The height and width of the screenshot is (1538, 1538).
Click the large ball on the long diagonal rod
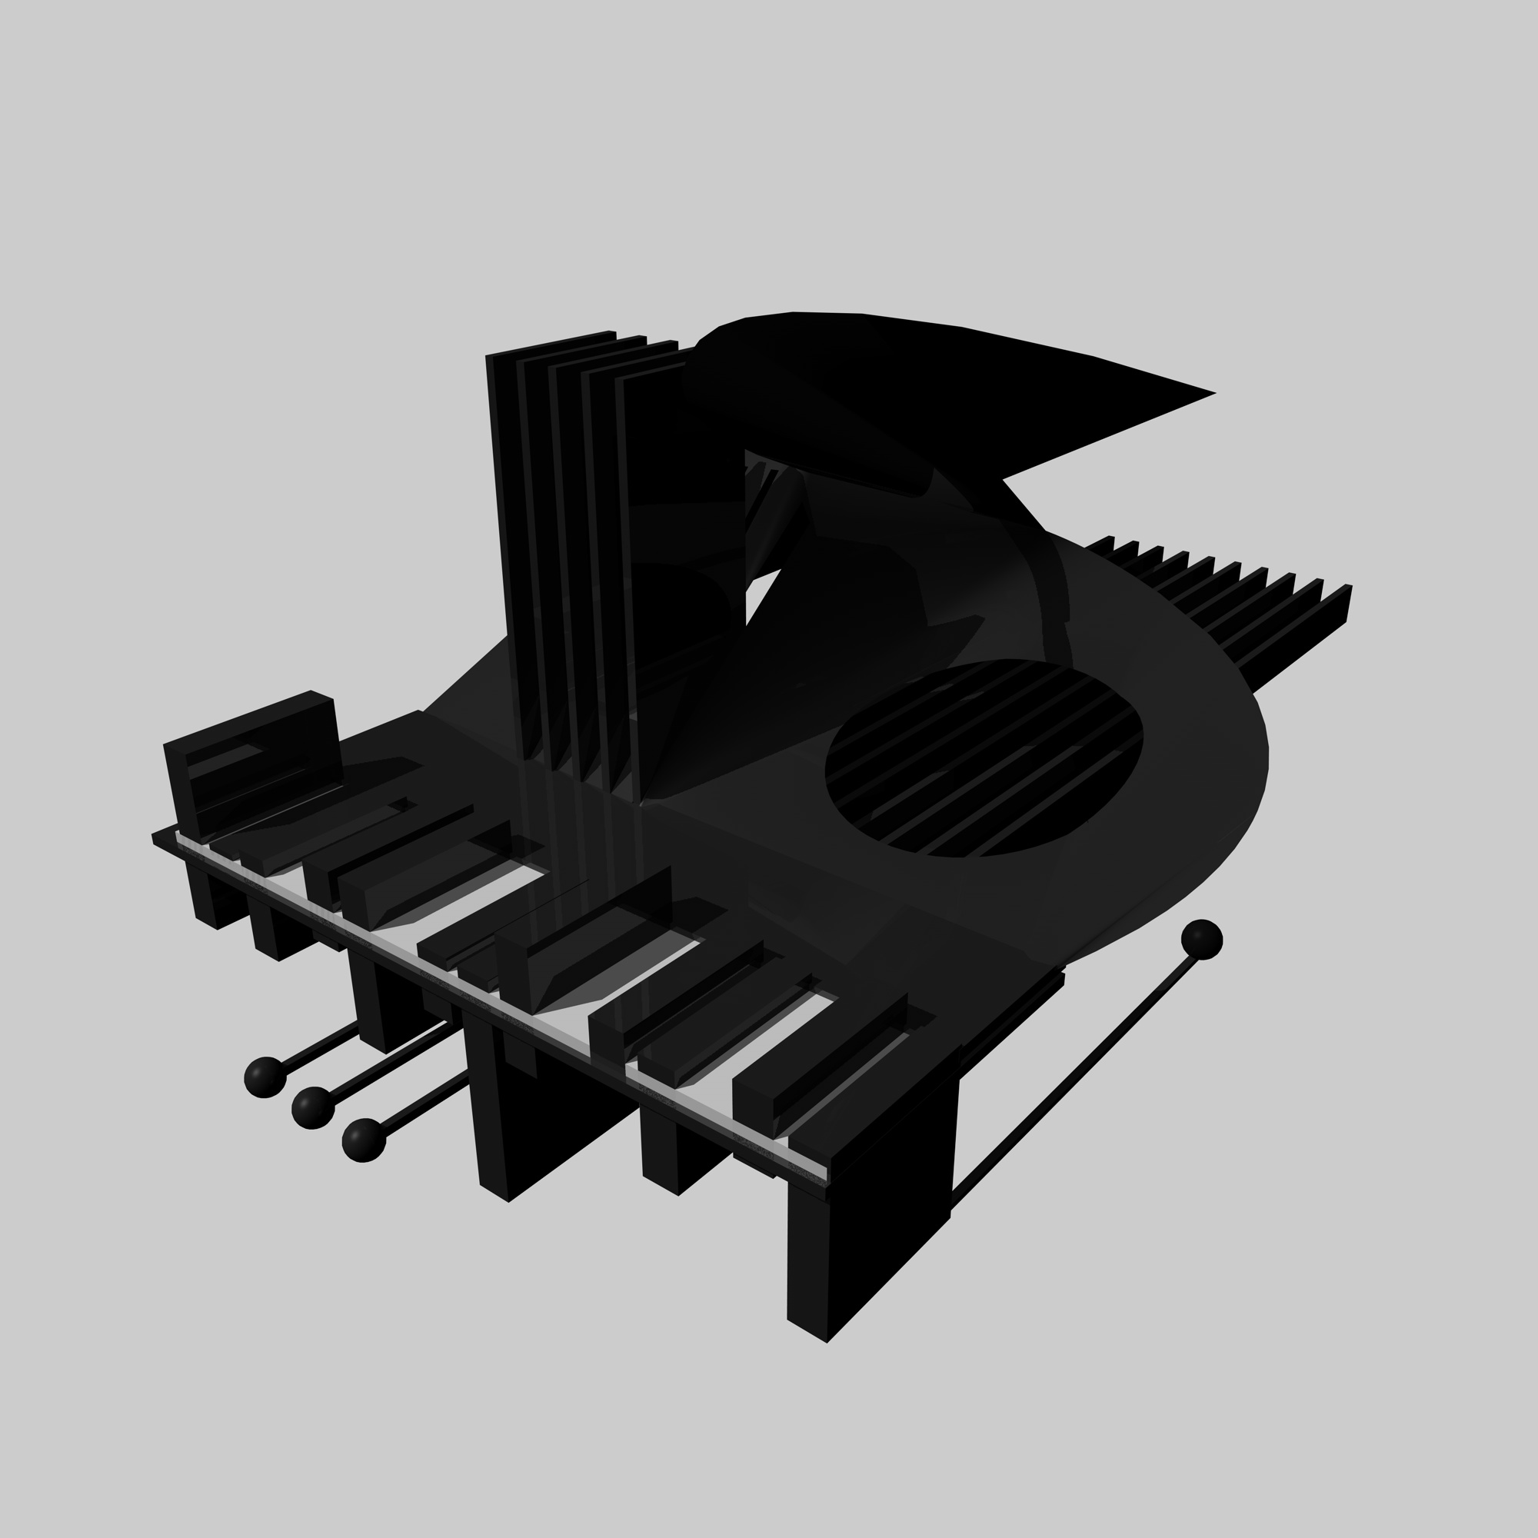point(1201,940)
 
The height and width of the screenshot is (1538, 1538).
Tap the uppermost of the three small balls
point(265,1077)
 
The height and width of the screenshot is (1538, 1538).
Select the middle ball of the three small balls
point(313,1107)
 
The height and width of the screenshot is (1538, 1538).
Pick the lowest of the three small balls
point(364,1140)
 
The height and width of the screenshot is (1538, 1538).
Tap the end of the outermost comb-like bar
point(1348,605)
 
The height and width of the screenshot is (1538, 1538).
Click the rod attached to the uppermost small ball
point(318,1047)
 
